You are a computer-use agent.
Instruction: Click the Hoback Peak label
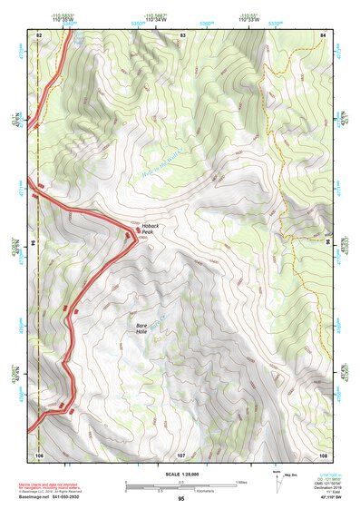[150, 229]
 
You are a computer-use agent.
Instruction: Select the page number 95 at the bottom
[181, 499]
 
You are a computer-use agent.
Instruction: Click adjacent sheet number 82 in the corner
[39, 34]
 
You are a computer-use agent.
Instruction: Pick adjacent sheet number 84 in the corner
[323, 34]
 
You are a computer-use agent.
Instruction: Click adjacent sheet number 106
[39, 454]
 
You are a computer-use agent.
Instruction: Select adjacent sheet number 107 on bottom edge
[181, 454]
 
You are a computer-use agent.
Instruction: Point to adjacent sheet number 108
[323, 454]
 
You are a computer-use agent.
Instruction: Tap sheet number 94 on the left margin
[34, 244]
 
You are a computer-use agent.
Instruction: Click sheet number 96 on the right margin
[328, 244]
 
